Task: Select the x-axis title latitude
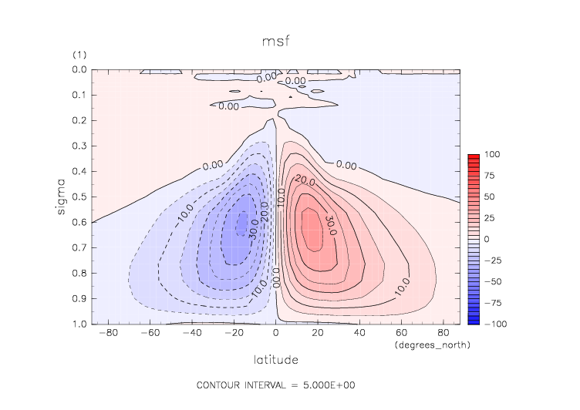(276, 359)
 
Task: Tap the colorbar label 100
(491, 155)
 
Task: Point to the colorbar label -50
(491, 282)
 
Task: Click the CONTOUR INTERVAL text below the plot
(275, 385)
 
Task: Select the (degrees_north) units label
(432, 345)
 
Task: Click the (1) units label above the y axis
(79, 55)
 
